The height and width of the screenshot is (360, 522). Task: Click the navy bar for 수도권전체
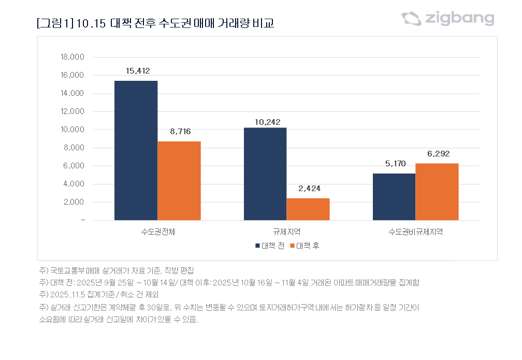coord(136,150)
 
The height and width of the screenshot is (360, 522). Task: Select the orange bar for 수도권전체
coord(179,181)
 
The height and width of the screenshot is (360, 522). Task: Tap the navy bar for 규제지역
coord(265,174)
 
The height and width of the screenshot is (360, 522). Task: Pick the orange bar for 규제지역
coord(308,209)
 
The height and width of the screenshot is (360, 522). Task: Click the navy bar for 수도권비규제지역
coord(394,197)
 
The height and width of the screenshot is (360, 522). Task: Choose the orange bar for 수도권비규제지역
coord(437,192)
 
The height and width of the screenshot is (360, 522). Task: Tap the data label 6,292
coord(438,153)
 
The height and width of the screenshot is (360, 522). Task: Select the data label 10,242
coord(267,122)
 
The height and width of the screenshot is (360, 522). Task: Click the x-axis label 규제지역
coord(286,232)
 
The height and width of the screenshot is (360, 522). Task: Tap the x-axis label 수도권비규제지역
coord(415,232)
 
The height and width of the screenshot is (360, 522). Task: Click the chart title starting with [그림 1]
coord(155,24)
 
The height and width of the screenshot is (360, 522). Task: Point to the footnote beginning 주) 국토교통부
coord(116,271)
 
